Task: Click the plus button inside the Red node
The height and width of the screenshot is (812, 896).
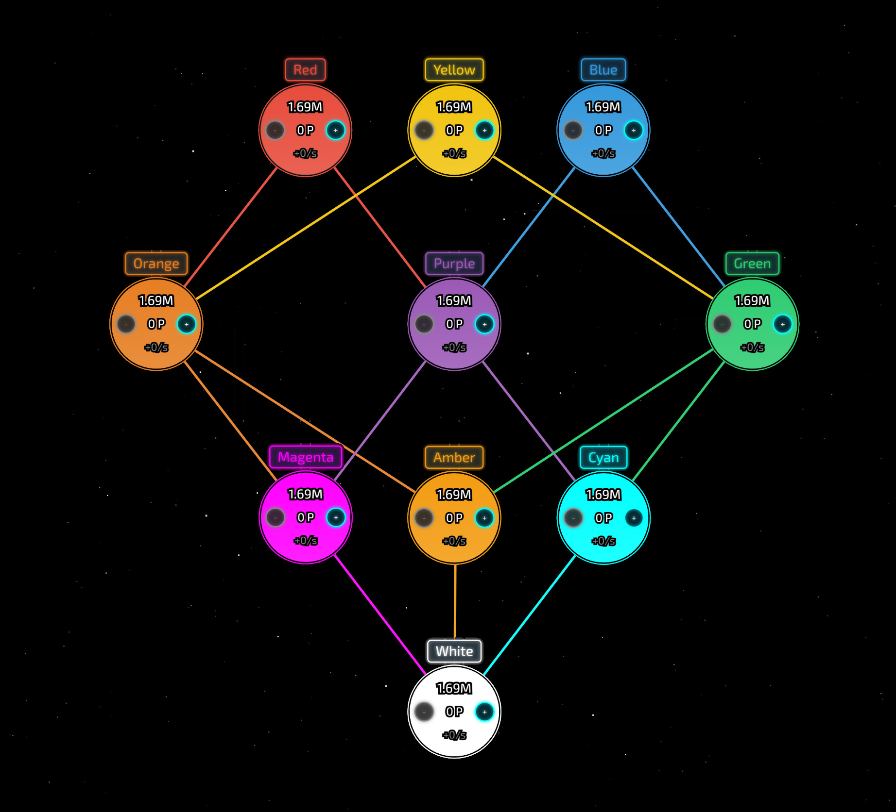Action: [336, 130]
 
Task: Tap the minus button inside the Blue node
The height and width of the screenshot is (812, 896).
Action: [573, 130]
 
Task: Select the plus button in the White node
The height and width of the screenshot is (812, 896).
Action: [484, 712]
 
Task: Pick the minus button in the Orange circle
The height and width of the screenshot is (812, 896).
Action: [126, 324]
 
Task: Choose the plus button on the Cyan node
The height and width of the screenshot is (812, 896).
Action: [634, 518]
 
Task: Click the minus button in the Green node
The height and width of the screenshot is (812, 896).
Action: [723, 324]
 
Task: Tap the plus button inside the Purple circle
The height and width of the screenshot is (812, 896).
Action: [484, 324]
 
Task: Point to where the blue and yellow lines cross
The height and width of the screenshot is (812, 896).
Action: [553, 195]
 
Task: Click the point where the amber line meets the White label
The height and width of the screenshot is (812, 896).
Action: [455, 639]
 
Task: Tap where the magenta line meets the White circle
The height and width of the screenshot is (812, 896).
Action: [426, 674]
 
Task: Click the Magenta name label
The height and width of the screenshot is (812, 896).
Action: [306, 457]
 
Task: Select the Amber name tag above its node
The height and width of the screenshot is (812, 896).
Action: [454, 457]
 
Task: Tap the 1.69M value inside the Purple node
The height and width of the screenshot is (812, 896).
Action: [454, 301]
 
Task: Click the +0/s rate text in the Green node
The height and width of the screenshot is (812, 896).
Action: [752, 347]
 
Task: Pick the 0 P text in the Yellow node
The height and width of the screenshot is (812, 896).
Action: [454, 130]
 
